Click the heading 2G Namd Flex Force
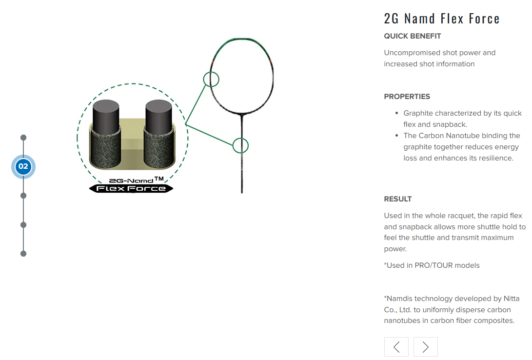click(441, 19)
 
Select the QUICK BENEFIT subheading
click(412, 36)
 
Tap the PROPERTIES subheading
click(407, 97)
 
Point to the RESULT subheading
click(397, 199)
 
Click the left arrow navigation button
click(396, 347)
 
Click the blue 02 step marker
click(23, 167)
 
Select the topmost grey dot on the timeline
click(23, 138)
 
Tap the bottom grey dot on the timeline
click(23, 254)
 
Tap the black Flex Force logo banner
click(131, 188)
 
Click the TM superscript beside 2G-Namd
click(159, 179)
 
